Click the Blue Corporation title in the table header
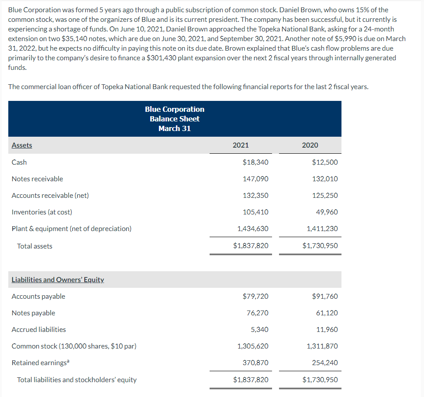[175, 109]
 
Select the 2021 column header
[241, 145]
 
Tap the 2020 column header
[310, 145]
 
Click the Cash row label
[19, 162]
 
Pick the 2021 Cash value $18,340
[255, 162]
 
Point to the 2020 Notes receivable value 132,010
[325, 179]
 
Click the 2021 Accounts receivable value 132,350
[255, 195]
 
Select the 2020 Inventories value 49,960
[327, 212]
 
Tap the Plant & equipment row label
[71, 228]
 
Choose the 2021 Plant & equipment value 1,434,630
[253, 228]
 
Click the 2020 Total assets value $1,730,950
[320, 245]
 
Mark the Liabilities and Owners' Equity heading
[58, 280]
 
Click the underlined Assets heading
[22, 145]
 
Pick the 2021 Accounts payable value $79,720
[255, 296]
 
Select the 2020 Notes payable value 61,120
[327, 313]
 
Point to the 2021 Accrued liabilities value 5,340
[260, 329]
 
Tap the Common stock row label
[74, 346]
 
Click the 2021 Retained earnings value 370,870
[255, 362]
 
